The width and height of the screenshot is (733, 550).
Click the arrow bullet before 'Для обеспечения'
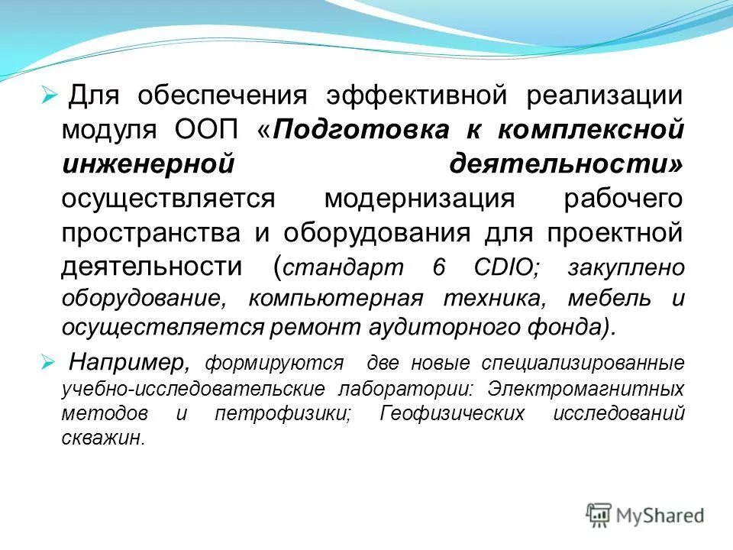[x=48, y=97]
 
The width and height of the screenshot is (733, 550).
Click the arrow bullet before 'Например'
[x=48, y=360]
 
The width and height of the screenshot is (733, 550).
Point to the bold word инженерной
[x=147, y=163]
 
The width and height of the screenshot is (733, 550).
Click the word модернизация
[x=419, y=197]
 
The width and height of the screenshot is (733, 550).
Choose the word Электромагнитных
[x=587, y=388]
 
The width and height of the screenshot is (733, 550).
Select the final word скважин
[x=102, y=439]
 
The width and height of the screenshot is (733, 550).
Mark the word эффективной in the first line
[x=418, y=97]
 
